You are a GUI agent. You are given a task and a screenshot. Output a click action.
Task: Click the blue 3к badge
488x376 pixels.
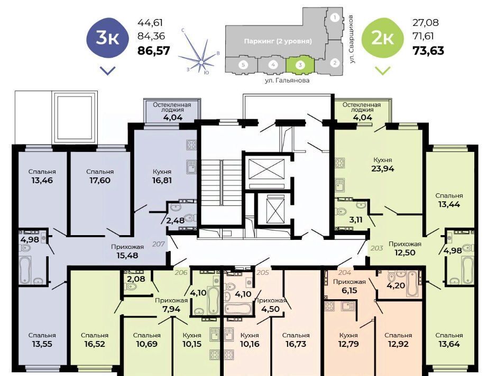(107, 38)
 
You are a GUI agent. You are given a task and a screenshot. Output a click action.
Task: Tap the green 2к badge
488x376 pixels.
(382, 38)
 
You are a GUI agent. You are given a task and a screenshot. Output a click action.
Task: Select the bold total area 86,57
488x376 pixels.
(154, 50)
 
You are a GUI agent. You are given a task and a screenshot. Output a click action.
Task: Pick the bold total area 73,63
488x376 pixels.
(428, 50)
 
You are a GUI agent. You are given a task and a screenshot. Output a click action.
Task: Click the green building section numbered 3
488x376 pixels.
(300, 65)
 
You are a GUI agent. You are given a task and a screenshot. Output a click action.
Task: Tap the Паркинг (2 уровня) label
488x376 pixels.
(278, 41)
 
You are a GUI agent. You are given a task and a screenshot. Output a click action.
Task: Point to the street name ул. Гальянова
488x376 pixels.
(287, 80)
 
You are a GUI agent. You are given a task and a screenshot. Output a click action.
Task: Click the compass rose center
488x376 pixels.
(201, 62)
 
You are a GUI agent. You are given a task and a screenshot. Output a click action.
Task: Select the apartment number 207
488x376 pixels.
(159, 244)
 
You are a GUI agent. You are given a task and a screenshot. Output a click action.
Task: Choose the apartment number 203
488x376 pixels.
(376, 248)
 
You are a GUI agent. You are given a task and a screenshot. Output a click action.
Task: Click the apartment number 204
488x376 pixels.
(345, 273)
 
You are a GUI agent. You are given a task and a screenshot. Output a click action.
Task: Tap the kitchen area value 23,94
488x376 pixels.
(382, 168)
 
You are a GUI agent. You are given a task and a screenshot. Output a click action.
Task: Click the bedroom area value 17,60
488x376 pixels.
(99, 180)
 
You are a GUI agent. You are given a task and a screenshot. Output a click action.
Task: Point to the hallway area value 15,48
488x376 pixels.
(127, 255)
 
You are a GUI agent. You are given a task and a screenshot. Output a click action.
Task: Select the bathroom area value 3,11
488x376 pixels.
(355, 219)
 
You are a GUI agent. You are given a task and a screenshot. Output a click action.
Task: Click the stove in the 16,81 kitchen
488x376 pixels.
(191, 145)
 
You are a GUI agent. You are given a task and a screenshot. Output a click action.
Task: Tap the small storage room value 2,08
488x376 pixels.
(136, 279)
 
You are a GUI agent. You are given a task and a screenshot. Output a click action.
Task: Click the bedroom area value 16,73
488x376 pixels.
(296, 344)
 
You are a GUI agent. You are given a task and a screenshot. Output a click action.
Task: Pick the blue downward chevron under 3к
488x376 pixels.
(108, 71)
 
